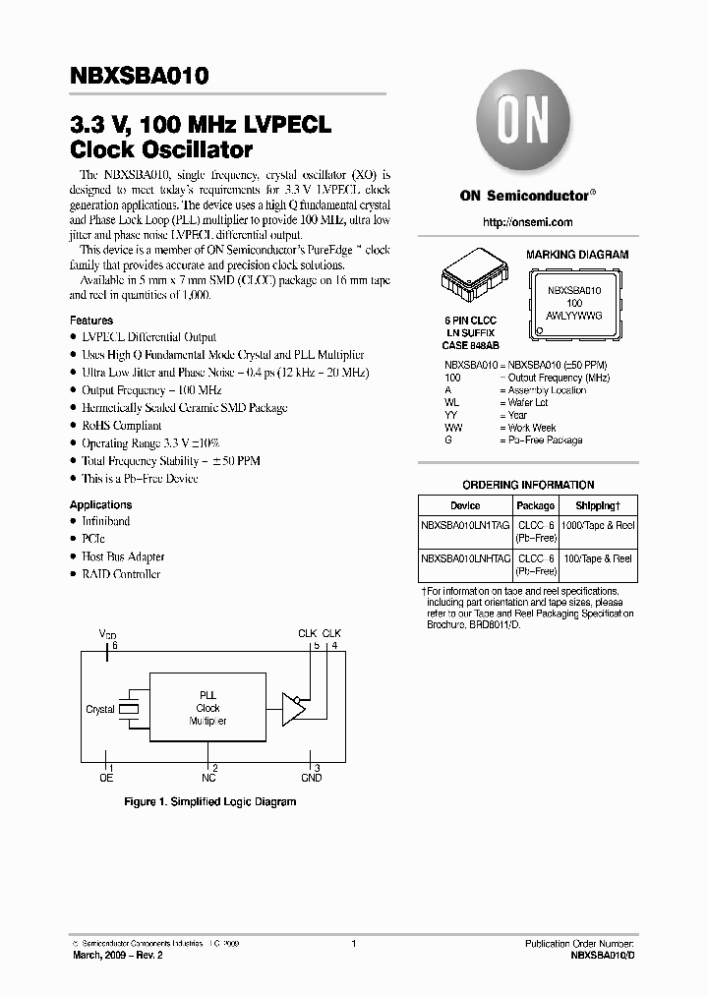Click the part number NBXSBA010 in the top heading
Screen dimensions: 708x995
click(x=139, y=76)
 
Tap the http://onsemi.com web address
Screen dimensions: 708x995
click(x=526, y=223)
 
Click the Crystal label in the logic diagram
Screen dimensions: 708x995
click(x=100, y=709)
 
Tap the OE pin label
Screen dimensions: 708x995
click(x=106, y=778)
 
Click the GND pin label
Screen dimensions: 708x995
click(x=311, y=778)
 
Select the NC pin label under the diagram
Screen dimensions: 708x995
click(x=208, y=778)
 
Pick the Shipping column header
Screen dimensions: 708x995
click(x=598, y=505)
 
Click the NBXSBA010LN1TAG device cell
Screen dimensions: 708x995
click(x=465, y=526)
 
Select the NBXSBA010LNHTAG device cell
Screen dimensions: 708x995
click(x=465, y=558)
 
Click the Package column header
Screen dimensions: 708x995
click(x=536, y=505)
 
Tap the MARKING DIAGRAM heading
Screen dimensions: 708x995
click(x=577, y=255)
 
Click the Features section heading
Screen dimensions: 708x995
click(x=91, y=321)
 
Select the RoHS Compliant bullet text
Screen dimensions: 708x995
click(x=122, y=426)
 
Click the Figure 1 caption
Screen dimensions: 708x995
click(x=209, y=802)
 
